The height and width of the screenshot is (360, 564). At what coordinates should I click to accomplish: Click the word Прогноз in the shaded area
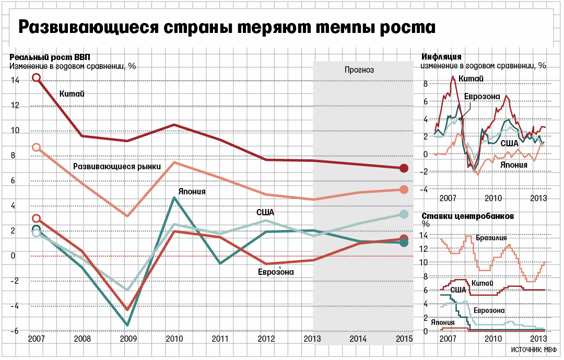pyautogui.click(x=359, y=70)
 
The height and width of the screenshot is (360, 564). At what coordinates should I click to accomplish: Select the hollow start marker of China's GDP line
pyautogui.click(x=36, y=78)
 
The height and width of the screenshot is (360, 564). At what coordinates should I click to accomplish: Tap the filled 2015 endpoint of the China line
pyautogui.click(x=403, y=168)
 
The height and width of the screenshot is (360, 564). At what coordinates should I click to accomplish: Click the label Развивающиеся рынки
pyautogui.click(x=116, y=166)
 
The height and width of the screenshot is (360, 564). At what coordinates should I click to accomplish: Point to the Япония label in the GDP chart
pyautogui.click(x=192, y=192)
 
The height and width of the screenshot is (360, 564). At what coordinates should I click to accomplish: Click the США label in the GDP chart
pyautogui.click(x=265, y=212)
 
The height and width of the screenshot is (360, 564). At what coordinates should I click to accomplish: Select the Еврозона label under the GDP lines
pyautogui.click(x=276, y=272)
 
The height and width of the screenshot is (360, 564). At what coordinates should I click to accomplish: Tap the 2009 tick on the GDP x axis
pyautogui.click(x=128, y=339)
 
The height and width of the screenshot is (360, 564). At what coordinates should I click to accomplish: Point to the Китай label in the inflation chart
pyautogui.click(x=471, y=78)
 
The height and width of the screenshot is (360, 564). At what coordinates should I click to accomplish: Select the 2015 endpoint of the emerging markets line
pyautogui.click(x=403, y=190)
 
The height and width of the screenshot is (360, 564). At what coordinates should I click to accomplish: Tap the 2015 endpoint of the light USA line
pyautogui.click(x=403, y=214)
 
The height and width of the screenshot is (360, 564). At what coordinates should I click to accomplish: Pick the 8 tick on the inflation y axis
pyautogui.click(x=426, y=84)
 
